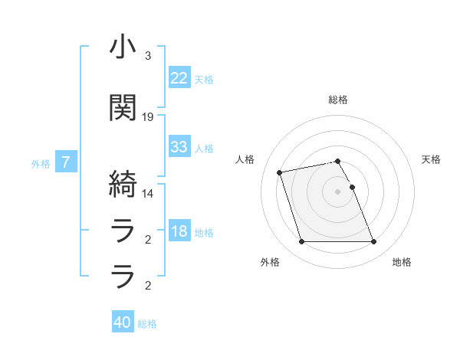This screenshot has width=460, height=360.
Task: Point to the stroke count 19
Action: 148,117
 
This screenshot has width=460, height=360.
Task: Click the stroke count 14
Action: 148,193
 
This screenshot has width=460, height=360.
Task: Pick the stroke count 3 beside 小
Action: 148,56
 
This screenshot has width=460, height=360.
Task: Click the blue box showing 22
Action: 179,78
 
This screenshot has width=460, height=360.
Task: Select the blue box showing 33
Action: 179,147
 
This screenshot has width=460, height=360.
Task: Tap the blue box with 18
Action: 179,231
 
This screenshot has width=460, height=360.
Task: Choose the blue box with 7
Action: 67,162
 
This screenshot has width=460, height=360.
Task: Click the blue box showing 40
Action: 123,322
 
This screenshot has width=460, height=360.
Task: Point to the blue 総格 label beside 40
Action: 147,324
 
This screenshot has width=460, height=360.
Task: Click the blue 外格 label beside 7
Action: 41,163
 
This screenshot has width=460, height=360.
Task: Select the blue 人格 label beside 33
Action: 204,149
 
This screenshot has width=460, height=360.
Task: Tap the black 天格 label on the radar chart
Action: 431,159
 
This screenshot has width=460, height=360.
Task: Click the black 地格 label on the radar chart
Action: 402,262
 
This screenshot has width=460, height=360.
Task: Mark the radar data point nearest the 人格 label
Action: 280,172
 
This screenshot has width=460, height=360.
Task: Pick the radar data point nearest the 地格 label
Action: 373,242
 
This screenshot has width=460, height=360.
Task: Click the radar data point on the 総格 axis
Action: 337,161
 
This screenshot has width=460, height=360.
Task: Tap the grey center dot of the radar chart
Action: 337,191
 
